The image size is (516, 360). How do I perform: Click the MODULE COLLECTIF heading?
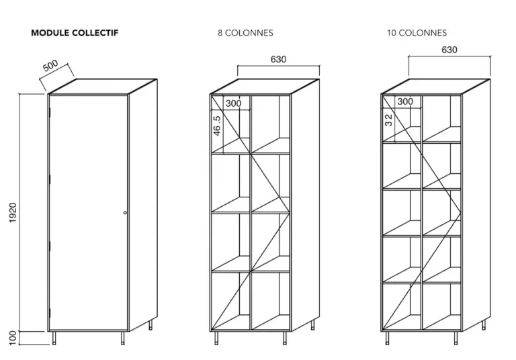[75, 33]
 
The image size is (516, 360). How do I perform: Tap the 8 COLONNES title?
[245, 33]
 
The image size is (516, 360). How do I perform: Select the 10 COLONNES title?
[417, 33]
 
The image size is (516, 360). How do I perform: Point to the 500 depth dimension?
[50, 66]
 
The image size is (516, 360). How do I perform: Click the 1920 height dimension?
[13, 213]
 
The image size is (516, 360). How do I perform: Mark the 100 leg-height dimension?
[13, 338]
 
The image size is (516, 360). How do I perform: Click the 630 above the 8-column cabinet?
[278, 59]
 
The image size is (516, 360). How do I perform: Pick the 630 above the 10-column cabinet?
[449, 50]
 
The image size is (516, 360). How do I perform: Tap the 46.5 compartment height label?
[217, 126]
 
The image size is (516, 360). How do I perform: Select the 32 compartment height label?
[388, 120]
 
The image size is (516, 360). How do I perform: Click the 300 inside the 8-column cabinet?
[233, 103]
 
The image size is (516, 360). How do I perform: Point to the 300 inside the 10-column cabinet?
[405, 101]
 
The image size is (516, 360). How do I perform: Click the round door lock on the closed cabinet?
[125, 213]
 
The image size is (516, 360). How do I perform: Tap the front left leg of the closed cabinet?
[54, 339]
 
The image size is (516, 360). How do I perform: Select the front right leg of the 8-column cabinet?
[285, 339]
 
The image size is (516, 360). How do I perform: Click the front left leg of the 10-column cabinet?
[387, 339]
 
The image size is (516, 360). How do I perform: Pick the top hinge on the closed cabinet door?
[50, 112]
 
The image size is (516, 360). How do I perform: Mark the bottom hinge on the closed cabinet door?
[50, 313]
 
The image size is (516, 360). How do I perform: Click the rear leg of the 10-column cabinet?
[484, 325]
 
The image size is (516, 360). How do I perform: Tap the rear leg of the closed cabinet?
[150, 325]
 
